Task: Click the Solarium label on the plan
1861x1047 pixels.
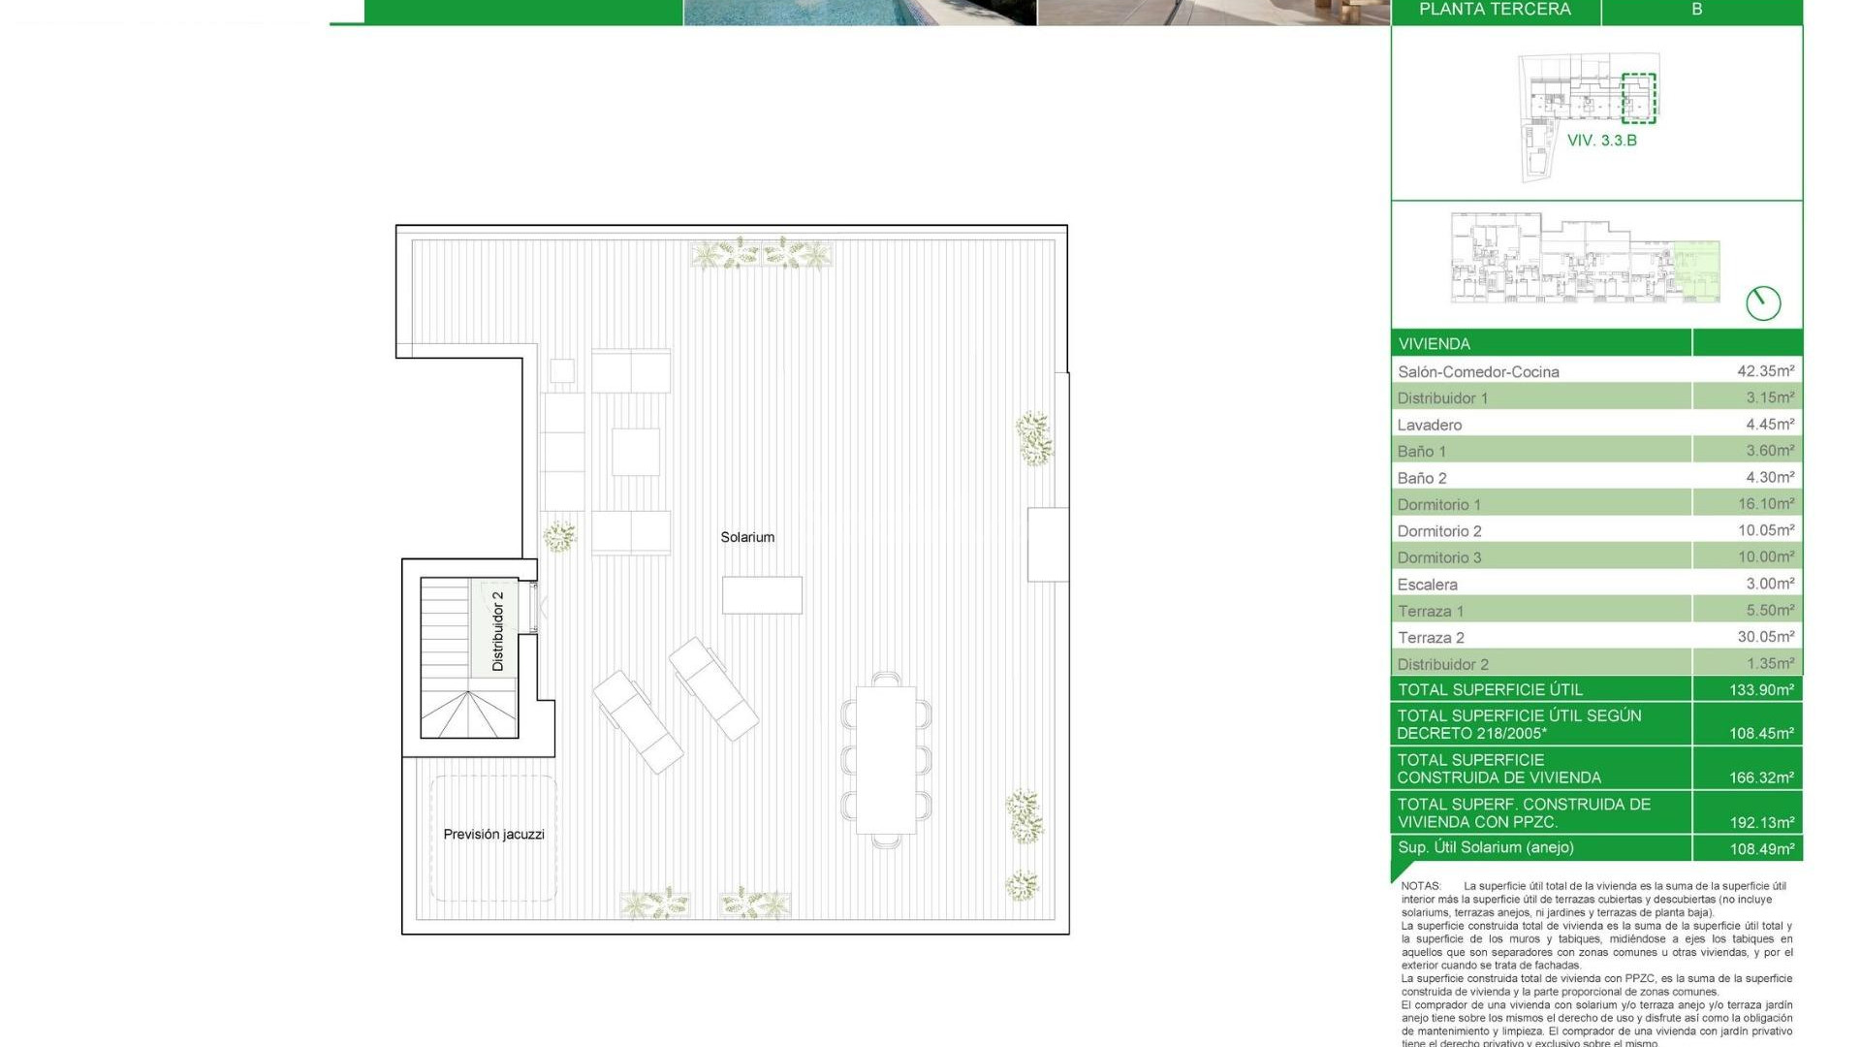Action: (x=747, y=537)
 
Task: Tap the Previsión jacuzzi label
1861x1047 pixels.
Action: (x=493, y=835)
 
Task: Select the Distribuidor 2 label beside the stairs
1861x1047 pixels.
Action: (x=497, y=631)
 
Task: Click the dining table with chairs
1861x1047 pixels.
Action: (x=886, y=760)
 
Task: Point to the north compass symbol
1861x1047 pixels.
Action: (x=1763, y=303)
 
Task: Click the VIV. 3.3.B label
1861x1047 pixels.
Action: (x=1601, y=141)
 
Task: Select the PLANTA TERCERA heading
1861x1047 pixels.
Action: (x=1495, y=10)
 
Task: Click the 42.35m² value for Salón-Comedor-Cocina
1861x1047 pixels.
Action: (x=1765, y=370)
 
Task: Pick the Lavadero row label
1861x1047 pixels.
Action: (x=1430, y=425)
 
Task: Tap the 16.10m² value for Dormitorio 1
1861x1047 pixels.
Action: (x=1765, y=503)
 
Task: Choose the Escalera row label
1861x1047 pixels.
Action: (x=1427, y=585)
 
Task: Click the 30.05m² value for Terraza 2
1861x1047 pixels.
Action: (x=1765, y=636)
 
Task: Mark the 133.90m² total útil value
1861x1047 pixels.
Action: (x=1761, y=690)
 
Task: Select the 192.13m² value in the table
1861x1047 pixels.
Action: (x=1761, y=822)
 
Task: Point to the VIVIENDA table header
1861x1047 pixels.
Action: (x=1435, y=344)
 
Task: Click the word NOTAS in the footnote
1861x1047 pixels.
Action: (x=1421, y=886)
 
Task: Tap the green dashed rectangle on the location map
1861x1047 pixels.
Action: (x=1639, y=98)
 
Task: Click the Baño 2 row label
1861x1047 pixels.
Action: (x=1422, y=478)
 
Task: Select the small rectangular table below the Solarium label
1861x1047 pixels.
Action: (x=762, y=595)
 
